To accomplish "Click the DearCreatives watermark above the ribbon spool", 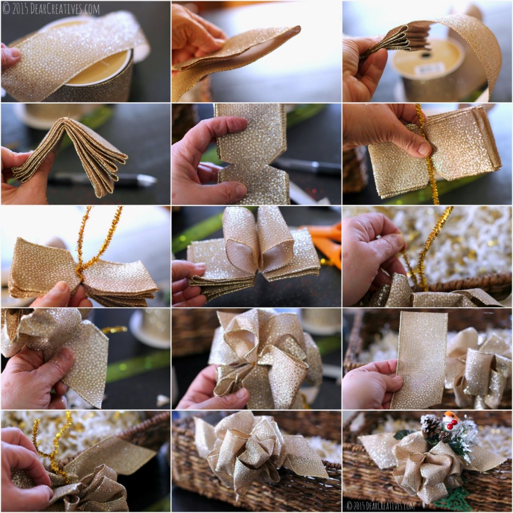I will point(50,9).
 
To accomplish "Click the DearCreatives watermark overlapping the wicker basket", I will point(380,505).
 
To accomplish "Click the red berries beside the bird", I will point(451,425).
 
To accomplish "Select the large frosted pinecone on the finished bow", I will point(430,425).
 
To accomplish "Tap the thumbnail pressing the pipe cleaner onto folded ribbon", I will point(424,149).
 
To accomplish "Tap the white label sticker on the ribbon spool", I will point(429,69).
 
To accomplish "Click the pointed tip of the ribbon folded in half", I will point(296,30).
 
